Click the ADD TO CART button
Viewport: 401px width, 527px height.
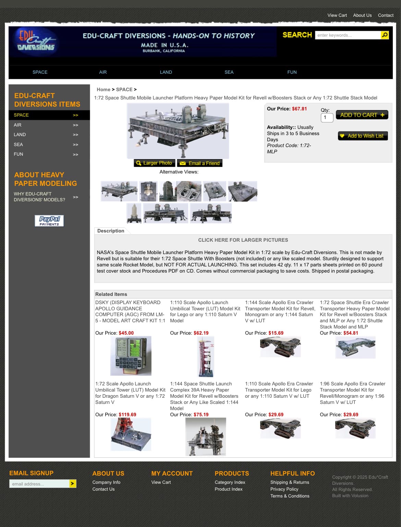pyautogui.click(x=362, y=115)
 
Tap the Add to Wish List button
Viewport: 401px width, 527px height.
pyautogui.click(x=363, y=136)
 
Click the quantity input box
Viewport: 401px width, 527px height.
pyautogui.click(x=327, y=118)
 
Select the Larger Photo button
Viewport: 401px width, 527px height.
pyautogui.click(x=154, y=163)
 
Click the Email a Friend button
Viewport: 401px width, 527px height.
pyautogui.click(x=200, y=163)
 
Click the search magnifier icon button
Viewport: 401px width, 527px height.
pyautogui.click(x=385, y=35)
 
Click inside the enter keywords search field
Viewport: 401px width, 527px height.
pyautogui.click(x=348, y=35)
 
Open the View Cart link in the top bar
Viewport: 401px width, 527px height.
pyautogui.click(x=337, y=15)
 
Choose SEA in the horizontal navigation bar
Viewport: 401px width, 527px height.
pyautogui.click(x=229, y=72)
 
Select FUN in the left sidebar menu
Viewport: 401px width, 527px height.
pyautogui.click(x=18, y=154)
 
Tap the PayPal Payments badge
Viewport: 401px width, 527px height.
pyautogui.click(x=49, y=221)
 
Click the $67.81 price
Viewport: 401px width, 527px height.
pyautogui.click(x=299, y=109)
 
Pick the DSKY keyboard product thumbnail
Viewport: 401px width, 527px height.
pyautogui.click(x=131, y=356)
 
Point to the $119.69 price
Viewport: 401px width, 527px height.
pyautogui.click(x=127, y=415)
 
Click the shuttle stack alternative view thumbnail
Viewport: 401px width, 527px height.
pyautogui.click(x=134, y=213)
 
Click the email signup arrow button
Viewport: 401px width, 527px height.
pyautogui.click(x=72, y=483)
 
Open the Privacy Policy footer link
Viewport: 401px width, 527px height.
pyautogui.click(x=284, y=489)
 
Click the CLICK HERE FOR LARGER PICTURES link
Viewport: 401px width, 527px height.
pyautogui.click(x=243, y=240)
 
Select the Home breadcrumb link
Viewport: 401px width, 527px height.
pyautogui.click(x=104, y=89)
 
